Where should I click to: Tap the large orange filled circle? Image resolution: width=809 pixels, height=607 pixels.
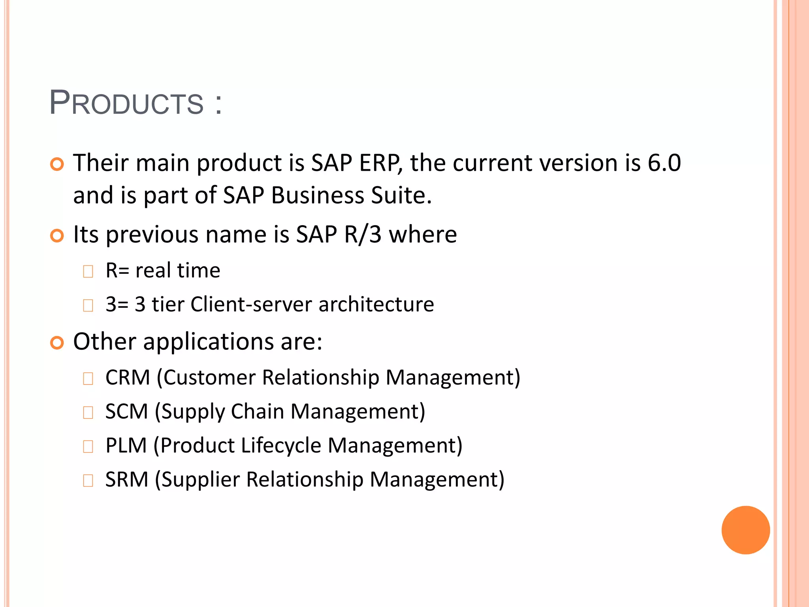(x=745, y=530)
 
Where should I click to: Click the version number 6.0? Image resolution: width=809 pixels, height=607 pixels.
(x=664, y=163)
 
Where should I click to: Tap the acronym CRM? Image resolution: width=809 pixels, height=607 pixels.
(x=128, y=377)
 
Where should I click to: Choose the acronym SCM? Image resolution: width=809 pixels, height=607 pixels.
(x=126, y=411)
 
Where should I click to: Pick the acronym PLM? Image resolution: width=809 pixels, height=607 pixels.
(x=126, y=445)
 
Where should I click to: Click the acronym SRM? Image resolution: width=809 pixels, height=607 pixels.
(x=126, y=479)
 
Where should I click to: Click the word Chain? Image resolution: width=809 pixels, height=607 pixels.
(x=257, y=411)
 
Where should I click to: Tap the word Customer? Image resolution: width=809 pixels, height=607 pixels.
(x=209, y=377)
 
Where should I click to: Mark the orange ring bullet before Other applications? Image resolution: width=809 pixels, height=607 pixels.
(x=57, y=343)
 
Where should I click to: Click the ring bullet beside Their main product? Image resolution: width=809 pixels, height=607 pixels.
(x=57, y=164)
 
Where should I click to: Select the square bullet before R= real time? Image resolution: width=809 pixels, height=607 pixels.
(x=88, y=271)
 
